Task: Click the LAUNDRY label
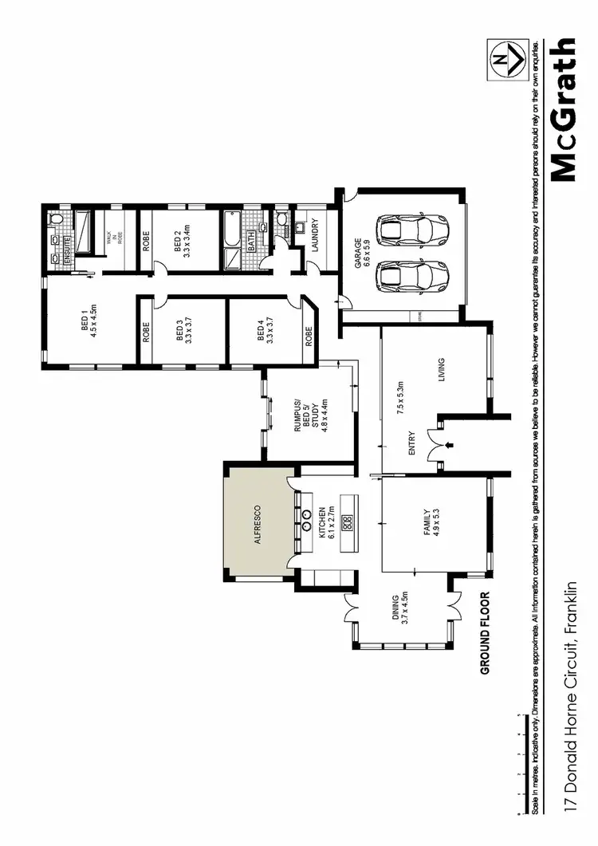pos(316,235)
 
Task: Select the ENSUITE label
pos(68,249)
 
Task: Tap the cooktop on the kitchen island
pos(347,523)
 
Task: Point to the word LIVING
pos(441,370)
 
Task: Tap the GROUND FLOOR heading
pos(484,633)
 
